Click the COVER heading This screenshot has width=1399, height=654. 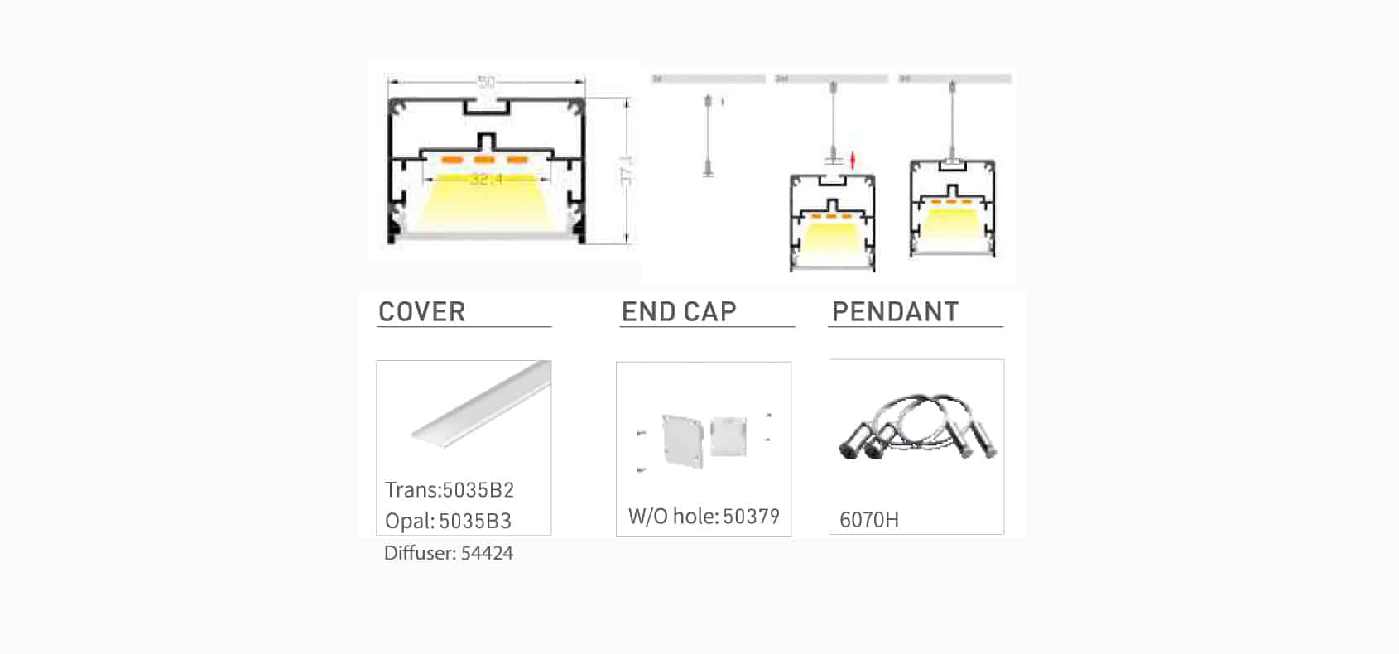(x=421, y=312)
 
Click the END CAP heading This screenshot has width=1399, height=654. (x=679, y=312)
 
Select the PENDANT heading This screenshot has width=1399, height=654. (x=895, y=312)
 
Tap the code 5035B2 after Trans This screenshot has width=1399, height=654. (x=478, y=490)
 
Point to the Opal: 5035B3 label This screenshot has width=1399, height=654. (x=448, y=522)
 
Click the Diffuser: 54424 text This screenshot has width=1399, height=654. (x=448, y=553)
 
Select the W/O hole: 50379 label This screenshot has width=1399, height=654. (x=704, y=517)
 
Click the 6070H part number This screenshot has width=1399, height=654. (x=868, y=520)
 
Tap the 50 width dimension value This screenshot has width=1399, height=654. (x=486, y=82)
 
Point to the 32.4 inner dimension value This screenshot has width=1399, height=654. (x=486, y=179)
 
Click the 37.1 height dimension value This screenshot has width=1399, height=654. (x=627, y=171)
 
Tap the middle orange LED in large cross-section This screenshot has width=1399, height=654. (x=484, y=160)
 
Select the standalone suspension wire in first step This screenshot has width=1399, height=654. (x=708, y=137)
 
